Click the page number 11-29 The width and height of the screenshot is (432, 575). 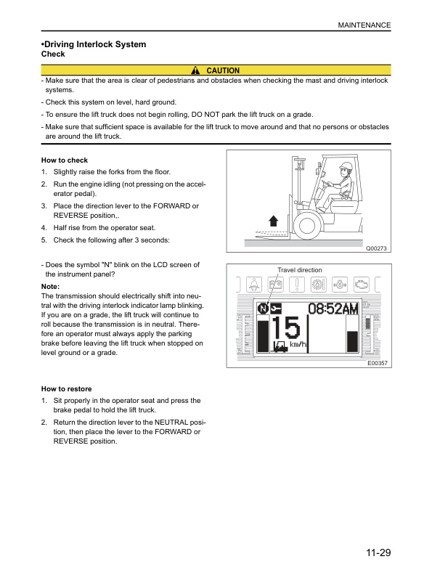tap(378, 553)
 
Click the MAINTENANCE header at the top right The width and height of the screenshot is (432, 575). tap(364, 25)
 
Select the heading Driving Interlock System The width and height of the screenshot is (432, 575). tap(94, 44)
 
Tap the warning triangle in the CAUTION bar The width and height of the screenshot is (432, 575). tap(196, 70)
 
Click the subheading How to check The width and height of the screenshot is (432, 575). tap(65, 160)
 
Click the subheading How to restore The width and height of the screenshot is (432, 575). tap(67, 389)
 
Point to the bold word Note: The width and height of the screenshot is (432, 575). tap(51, 287)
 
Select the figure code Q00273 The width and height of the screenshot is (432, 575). tap(378, 249)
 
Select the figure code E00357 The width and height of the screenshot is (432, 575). tap(378, 362)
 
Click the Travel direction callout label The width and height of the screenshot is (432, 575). tap(299, 270)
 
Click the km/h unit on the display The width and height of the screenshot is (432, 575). tap(298, 344)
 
